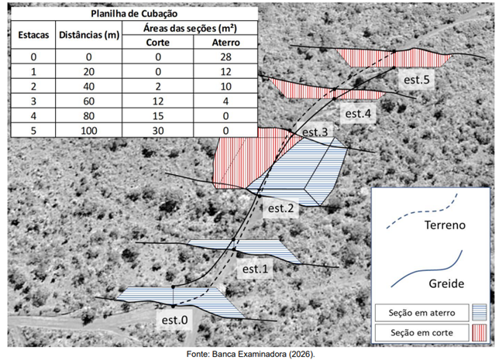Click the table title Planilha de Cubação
[134, 14]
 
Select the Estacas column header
[33, 35]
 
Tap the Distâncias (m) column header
[89, 35]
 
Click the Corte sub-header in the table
[158, 43]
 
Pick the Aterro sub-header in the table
[225, 43]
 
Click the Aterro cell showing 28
[225, 57]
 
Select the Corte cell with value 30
[158, 131]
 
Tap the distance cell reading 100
[89, 131]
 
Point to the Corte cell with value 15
[158, 116]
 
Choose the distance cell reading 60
[89, 101]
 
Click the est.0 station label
[175, 320]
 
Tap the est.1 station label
[255, 269]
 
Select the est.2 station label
[280, 208]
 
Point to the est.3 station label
[315, 132]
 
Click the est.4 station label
[358, 114]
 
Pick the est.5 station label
[417, 80]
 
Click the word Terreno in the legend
[445, 225]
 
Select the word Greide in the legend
[446, 283]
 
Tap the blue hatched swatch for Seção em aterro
[480, 312]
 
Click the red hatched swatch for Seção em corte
[480, 333]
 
